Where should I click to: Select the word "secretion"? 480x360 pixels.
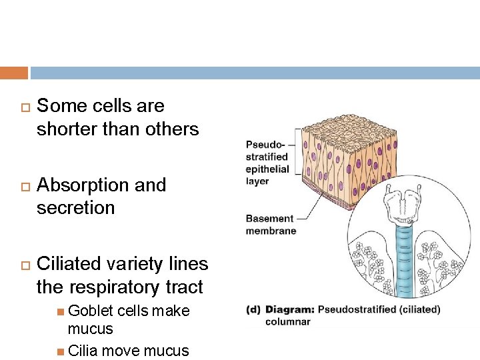tap(76, 207)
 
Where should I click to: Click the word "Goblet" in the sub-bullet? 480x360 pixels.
tap(91, 311)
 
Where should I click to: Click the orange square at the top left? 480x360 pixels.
tap(14, 73)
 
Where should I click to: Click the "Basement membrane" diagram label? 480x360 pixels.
tap(270, 225)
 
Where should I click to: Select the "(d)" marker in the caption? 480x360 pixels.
tap(253, 309)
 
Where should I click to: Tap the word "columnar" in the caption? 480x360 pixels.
tap(288, 322)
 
